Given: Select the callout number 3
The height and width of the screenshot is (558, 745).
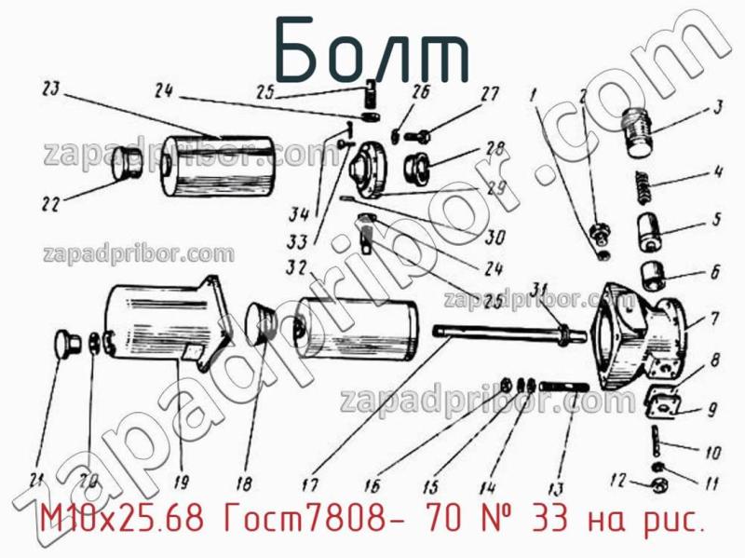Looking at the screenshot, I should click(718, 106).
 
